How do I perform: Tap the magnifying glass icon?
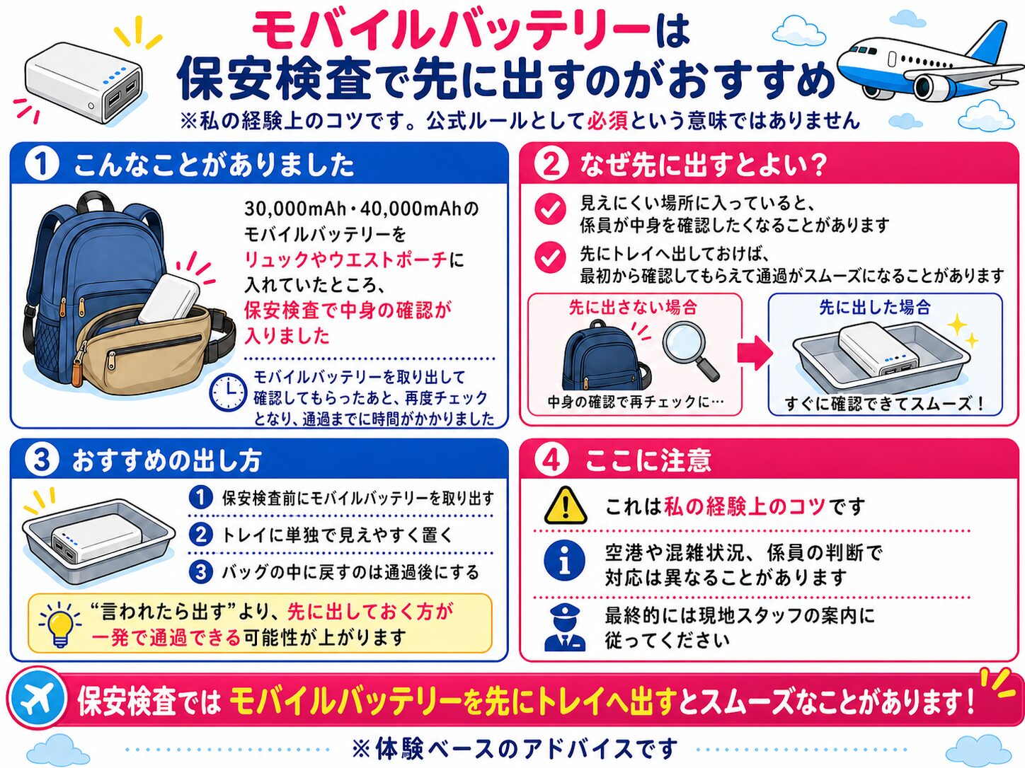(x=691, y=350)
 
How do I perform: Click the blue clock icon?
(x=229, y=392)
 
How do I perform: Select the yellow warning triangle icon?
(x=566, y=506)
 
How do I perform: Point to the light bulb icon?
(x=59, y=624)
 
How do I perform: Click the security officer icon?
(x=565, y=628)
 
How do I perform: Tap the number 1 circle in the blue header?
(x=42, y=165)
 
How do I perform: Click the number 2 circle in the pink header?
(x=551, y=165)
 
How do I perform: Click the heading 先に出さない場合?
(x=633, y=308)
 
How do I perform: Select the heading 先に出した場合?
(x=875, y=308)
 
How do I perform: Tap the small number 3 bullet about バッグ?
(x=201, y=571)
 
